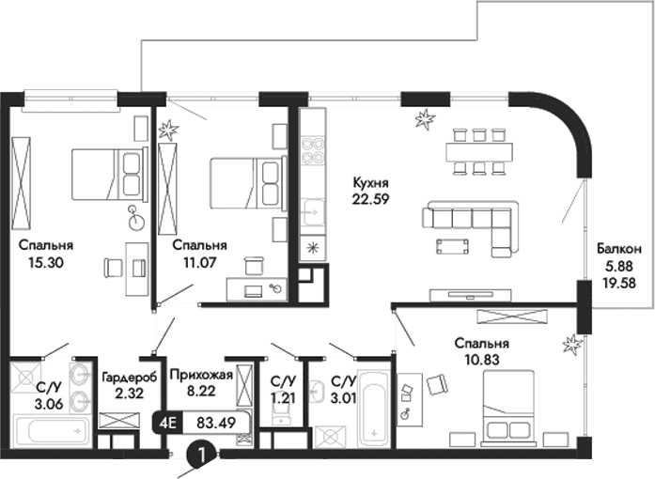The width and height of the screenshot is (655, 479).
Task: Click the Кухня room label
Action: (371, 182)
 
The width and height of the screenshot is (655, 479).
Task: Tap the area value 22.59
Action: (371, 198)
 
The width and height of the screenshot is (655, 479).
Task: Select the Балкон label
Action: (618, 250)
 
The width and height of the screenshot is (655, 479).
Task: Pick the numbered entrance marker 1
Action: (199, 455)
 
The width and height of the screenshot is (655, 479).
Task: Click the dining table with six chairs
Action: (477, 150)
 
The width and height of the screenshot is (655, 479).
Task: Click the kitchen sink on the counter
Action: (310, 210)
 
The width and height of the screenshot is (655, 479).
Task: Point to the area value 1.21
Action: (280, 398)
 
